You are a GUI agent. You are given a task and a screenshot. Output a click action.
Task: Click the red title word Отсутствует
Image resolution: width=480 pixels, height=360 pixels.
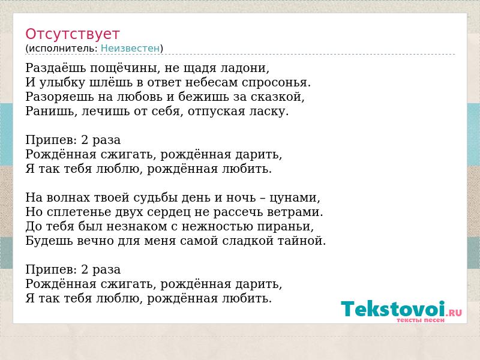point(72,34)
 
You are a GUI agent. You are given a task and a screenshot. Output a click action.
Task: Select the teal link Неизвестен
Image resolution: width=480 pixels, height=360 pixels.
point(130,49)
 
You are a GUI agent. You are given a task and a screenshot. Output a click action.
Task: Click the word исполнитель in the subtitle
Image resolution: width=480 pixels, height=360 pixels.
point(63,49)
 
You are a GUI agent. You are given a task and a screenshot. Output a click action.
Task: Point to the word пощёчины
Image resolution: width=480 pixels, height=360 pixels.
point(125,68)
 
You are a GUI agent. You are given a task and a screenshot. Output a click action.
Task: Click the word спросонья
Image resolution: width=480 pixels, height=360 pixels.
point(276,83)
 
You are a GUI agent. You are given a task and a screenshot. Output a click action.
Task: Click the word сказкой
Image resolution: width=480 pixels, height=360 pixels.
point(278,97)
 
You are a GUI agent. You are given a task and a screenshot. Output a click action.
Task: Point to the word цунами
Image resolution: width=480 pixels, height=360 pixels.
point(295,198)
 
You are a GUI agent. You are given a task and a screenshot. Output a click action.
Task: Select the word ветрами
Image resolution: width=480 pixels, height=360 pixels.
point(295,212)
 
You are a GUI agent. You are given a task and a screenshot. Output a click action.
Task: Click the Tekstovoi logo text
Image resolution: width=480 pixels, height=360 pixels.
point(393,308)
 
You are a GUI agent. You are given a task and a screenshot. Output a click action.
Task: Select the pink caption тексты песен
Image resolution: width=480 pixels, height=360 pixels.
point(421,320)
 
